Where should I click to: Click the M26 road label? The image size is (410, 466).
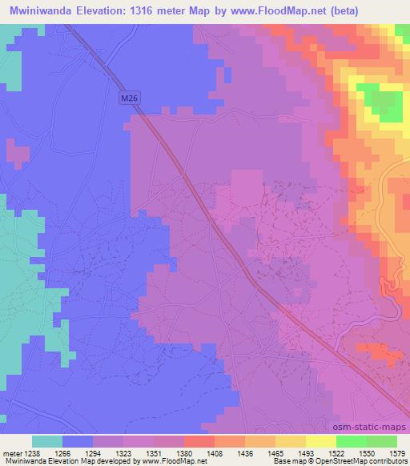[130, 98]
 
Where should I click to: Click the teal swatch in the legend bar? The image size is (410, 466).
[46, 441]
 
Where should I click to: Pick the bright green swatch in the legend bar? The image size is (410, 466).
[352, 441]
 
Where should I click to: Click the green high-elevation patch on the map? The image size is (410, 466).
[382, 104]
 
